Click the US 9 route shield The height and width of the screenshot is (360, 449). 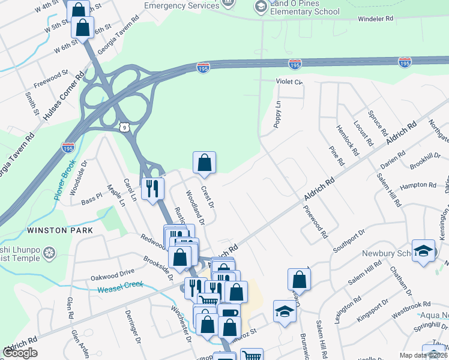pos(123,127)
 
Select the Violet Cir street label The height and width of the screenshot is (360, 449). pos(289,81)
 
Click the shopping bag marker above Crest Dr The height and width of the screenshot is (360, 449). pos(204,162)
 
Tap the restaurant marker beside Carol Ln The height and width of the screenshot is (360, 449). pos(152,188)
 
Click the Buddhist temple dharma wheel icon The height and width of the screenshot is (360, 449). pos(50,251)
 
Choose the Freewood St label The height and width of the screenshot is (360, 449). pos(52,80)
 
